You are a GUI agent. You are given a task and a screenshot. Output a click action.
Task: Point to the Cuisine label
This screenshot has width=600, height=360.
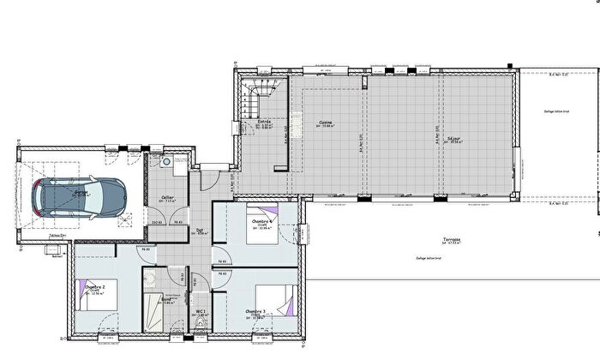coord(326,122)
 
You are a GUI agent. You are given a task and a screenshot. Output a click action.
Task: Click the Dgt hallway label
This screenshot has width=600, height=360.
coord(200,230)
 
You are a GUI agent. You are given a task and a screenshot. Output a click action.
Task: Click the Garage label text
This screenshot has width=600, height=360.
coord(81,194)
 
